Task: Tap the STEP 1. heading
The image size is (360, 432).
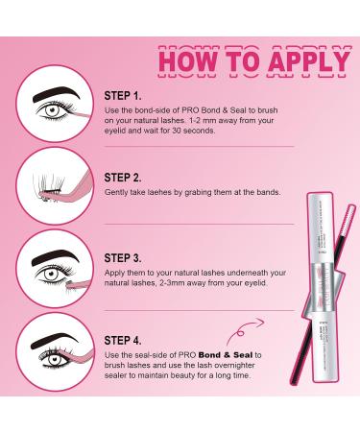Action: point(122,97)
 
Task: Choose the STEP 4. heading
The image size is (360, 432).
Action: point(123,341)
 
